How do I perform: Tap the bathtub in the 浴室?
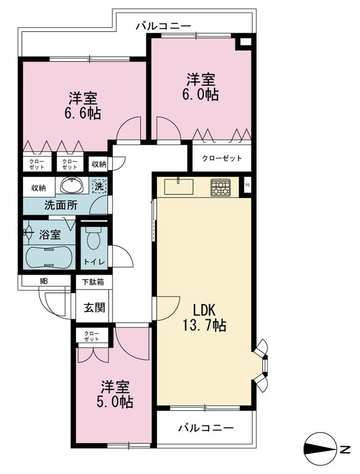(48, 257)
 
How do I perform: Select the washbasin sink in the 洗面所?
(72, 185)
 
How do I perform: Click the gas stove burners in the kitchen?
(221, 187)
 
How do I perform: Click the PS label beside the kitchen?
(247, 185)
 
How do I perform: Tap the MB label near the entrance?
(44, 282)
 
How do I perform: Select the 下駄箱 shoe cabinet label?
(94, 282)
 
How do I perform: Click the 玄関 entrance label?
(95, 308)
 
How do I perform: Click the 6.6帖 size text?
(82, 114)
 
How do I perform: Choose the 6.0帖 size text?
(200, 95)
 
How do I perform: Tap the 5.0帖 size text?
(115, 402)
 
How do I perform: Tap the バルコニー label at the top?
(163, 26)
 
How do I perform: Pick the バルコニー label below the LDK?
(206, 428)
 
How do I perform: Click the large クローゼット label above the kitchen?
(222, 158)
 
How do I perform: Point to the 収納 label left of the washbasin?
(39, 188)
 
